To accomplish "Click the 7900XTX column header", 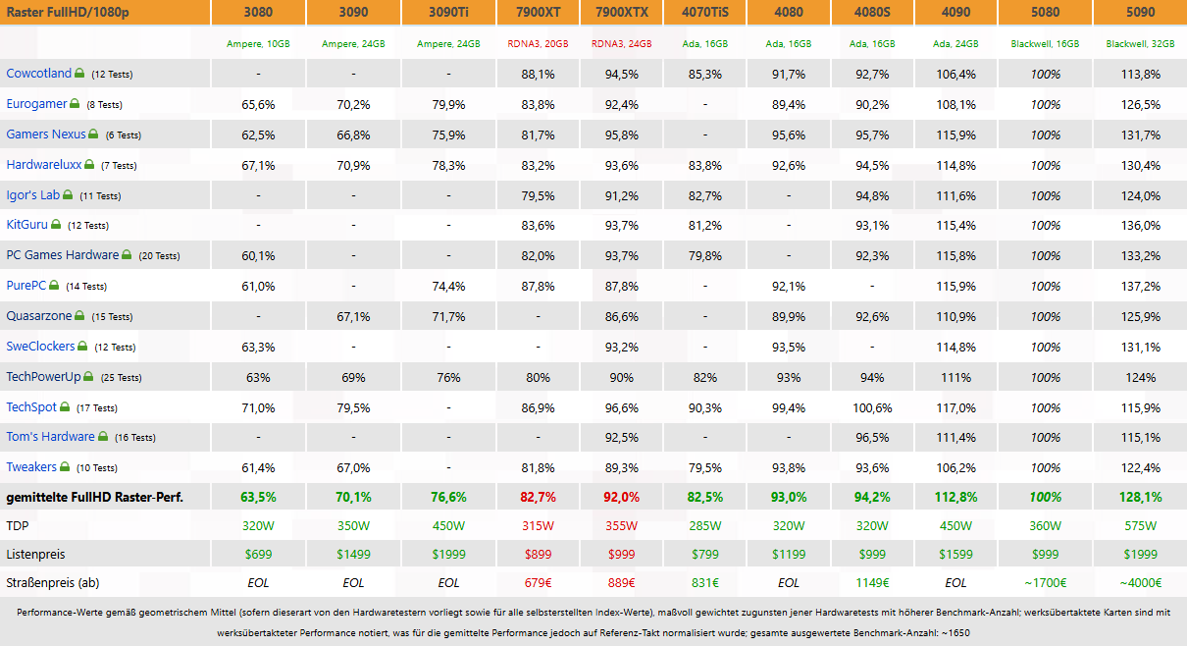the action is (622, 12).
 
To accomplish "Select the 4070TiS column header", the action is (704, 12).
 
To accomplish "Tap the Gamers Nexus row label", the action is (45, 135).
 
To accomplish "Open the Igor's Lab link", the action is (32, 195).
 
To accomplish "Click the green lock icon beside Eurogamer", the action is (75, 103).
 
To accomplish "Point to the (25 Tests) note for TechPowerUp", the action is (121, 378).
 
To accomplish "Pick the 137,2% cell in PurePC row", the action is (1140, 287).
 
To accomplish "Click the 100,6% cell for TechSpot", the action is (872, 408).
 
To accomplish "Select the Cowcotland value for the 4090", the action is (955, 75).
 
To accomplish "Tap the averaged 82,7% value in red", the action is (538, 498).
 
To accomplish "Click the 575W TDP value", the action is (1140, 526).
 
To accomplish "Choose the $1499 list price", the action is (353, 555).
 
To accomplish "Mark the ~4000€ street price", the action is (1140, 583).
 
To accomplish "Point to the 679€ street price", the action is (538, 583).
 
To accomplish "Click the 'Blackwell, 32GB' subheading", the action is (1140, 44).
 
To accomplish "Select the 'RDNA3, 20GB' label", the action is (538, 44).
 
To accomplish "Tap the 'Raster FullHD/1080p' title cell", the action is (68, 12).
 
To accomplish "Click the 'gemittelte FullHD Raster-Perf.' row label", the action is (94, 498).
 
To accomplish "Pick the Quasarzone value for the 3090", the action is (353, 317).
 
